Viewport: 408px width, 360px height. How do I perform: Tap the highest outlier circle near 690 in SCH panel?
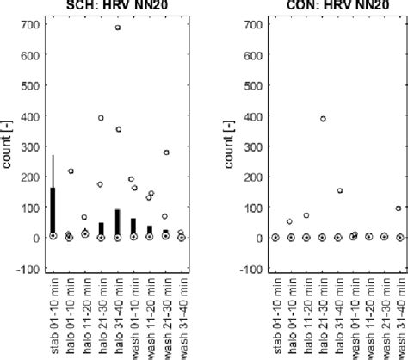click(x=118, y=28)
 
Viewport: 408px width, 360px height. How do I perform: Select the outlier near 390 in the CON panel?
click(x=324, y=119)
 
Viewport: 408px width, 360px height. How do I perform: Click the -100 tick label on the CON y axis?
click(x=248, y=269)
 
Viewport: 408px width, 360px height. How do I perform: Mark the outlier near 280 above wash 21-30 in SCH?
click(x=165, y=152)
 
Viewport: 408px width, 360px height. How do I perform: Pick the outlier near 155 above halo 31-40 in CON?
click(x=340, y=191)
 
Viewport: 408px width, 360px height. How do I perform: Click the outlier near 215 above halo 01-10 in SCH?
click(x=70, y=171)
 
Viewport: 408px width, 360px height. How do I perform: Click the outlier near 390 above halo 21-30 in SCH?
click(x=101, y=118)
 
